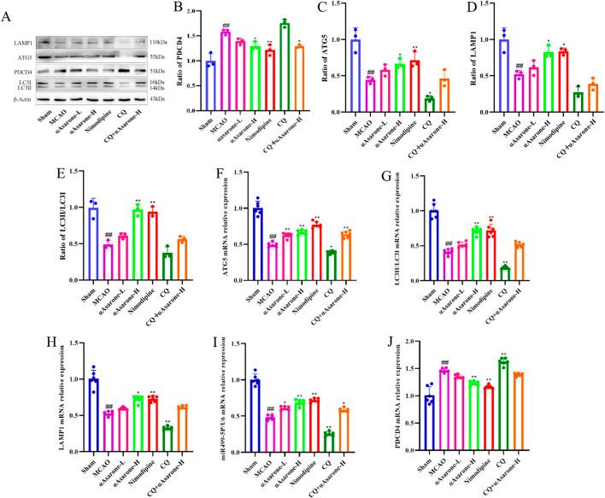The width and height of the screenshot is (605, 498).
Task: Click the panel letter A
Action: click(8, 10)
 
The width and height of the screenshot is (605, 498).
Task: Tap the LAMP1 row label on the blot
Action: click(25, 41)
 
